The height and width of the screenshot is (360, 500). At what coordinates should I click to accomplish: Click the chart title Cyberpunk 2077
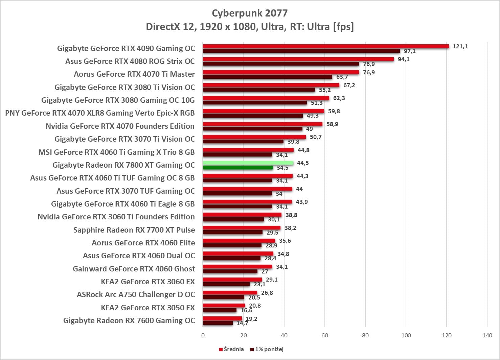coord(250,13)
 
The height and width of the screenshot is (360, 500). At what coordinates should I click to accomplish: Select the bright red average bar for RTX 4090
coord(325,46)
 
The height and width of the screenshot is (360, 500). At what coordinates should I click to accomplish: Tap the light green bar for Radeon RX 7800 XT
coord(248,163)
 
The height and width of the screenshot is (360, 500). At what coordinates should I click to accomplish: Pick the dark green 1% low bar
coord(238,168)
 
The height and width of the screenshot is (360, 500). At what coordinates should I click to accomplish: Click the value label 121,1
coord(460,46)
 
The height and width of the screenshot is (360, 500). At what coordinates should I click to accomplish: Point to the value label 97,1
coord(410,51)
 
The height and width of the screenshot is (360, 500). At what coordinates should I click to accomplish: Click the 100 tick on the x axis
coord(406,335)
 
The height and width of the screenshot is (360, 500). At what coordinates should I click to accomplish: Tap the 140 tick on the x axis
coord(487,335)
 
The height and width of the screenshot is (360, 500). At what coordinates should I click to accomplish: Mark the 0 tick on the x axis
coord(203,335)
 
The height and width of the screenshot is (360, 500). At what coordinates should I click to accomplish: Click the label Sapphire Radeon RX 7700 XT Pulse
coord(134,230)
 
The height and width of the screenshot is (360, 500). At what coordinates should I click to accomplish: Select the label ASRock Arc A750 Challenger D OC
coord(136,294)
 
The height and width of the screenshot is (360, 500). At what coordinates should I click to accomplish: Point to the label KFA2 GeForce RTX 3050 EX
coord(148,308)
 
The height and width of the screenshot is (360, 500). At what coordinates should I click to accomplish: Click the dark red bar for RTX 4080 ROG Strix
coord(281,64)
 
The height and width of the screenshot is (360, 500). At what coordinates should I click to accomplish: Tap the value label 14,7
coord(242,323)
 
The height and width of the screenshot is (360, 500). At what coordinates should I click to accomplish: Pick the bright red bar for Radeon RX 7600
coord(222,318)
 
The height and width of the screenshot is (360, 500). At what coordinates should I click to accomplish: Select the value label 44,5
coord(303,163)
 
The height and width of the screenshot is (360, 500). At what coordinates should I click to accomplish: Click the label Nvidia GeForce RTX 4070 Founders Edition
coord(120,126)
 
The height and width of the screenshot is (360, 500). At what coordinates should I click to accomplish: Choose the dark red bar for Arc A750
coord(224,297)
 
